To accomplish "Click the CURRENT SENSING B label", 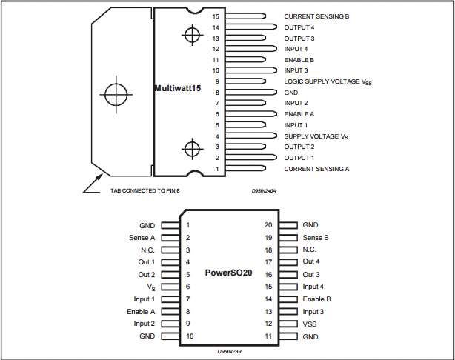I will pyautogui.click(x=316, y=16).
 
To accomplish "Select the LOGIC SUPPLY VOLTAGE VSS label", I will pyautogui.click(x=328, y=81).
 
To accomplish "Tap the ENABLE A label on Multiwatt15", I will pyautogui.click(x=300, y=114).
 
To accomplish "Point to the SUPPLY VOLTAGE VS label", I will pyautogui.click(x=316, y=136).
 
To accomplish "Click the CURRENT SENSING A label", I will pyautogui.click(x=316, y=169).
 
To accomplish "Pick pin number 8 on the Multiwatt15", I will pyautogui.click(x=217, y=93).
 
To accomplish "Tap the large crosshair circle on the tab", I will pyautogui.click(x=116, y=95).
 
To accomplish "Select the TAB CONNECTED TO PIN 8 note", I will pyautogui.click(x=145, y=190).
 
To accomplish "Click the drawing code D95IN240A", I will pyautogui.click(x=263, y=190).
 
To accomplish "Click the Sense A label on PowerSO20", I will pyautogui.click(x=142, y=238).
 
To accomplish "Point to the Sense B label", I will pyautogui.click(x=316, y=238).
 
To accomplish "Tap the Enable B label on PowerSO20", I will pyautogui.click(x=316, y=299).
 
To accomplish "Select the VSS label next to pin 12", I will pyautogui.click(x=310, y=324).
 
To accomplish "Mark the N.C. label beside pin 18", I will pyautogui.click(x=311, y=250).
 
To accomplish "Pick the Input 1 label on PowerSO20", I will pyautogui.click(x=144, y=299).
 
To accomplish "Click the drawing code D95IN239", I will pyautogui.click(x=230, y=351).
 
